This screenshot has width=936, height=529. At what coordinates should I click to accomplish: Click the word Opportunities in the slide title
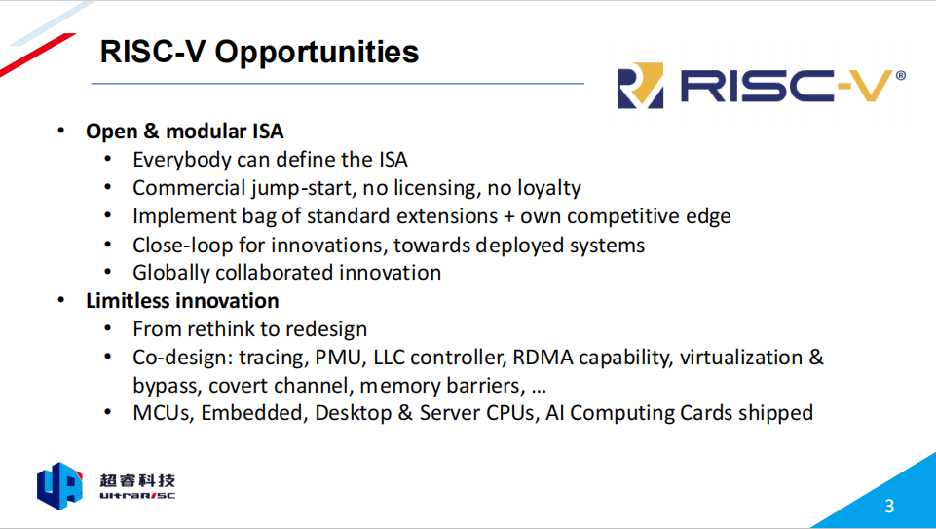[x=317, y=52]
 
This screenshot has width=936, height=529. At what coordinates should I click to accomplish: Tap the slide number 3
[x=889, y=507]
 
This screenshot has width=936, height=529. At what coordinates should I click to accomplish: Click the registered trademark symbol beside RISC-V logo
[x=901, y=75]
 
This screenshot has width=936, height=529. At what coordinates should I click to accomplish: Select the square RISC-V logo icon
[x=640, y=86]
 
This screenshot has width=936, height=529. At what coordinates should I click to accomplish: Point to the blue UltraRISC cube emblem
[x=59, y=485]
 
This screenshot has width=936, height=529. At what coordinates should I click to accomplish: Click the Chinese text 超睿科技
[x=137, y=480]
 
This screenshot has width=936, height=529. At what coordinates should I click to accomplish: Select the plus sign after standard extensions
[x=509, y=216]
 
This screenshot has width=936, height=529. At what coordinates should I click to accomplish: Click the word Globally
[x=170, y=273]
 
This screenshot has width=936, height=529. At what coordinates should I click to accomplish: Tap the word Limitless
[x=123, y=300]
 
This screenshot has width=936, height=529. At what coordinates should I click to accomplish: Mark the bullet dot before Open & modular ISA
[x=61, y=131]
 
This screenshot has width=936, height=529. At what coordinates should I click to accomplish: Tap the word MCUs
[x=163, y=413]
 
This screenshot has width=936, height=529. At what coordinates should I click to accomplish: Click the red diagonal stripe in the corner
[x=37, y=55]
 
